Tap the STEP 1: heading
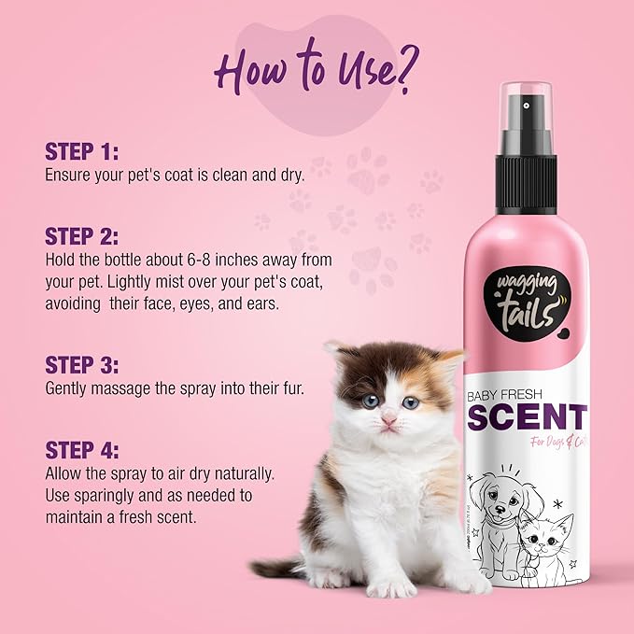82,152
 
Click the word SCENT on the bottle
527,417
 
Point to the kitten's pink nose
387,421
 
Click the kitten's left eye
370,401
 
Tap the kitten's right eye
410,402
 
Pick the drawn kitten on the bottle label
546,542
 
